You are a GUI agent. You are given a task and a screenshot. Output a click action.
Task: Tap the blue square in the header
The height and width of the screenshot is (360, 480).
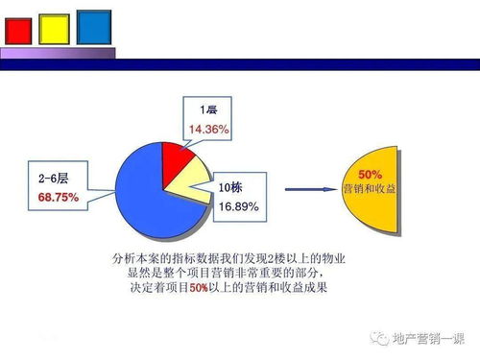coord(93,26)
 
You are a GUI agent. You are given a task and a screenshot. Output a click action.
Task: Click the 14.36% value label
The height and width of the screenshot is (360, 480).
coord(208,128)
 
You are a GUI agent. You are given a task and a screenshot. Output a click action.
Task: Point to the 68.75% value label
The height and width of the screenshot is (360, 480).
coord(59,196)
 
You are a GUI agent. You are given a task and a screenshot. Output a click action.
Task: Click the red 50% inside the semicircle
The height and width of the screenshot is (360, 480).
coord(371,175)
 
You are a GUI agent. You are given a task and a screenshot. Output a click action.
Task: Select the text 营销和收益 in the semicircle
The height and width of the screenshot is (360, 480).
coord(371,189)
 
